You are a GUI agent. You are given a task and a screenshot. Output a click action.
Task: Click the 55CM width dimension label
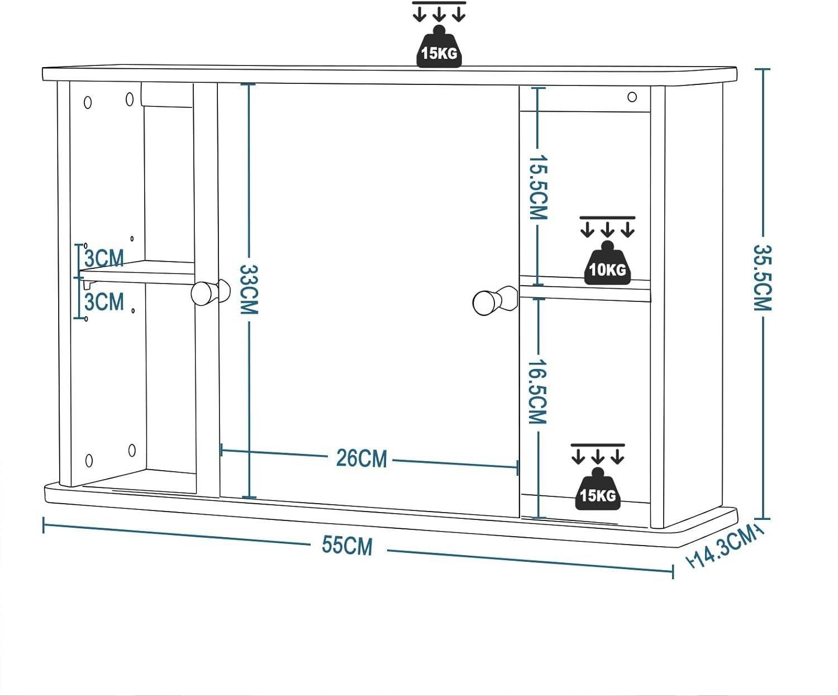tap(347, 546)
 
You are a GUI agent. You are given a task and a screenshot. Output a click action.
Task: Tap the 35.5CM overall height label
tap(762, 278)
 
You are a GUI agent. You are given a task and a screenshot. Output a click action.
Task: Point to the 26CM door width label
tap(361, 458)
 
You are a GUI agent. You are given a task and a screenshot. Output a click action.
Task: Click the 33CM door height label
tap(249, 290)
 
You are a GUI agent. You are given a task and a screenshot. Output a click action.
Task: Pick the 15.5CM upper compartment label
tap(538, 187)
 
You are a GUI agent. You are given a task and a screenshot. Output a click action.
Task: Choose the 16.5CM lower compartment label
tap(537, 391)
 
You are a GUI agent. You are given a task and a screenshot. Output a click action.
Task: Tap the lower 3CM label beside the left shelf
tap(104, 302)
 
